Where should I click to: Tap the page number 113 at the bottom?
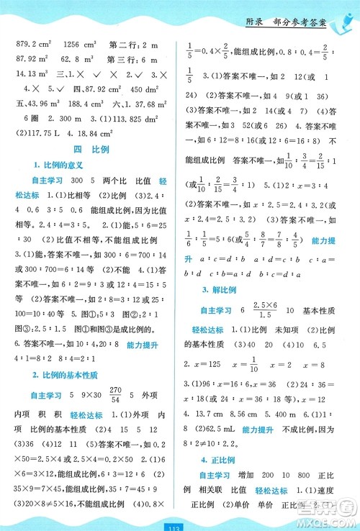click(x=179, y=522)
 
